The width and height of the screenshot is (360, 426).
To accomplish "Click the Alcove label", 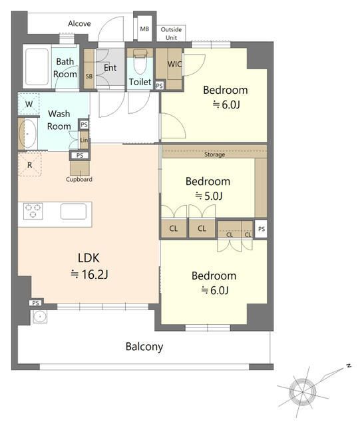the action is pyautogui.click(x=79, y=24).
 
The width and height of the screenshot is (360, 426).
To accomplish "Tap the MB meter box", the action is pyautogui.click(x=144, y=29).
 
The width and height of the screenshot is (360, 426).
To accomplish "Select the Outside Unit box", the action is pyautogui.click(x=171, y=33).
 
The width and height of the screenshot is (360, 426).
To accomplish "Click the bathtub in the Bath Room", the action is pyautogui.click(x=37, y=67).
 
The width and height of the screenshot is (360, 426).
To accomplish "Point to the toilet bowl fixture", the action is pyautogui.click(x=140, y=62).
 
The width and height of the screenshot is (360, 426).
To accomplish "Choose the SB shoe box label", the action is pyautogui.click(x=89, y=77).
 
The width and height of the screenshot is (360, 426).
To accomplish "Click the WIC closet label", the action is pyautogui.click(x=174, y=64).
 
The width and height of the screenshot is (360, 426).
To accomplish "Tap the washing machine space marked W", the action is pyautogui.click(x=29, y=104).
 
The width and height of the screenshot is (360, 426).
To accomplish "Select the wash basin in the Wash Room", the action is pyautogui.click(x=28, y=134).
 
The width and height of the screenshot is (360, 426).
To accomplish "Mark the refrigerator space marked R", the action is pyautogui.click(x=30, y=164).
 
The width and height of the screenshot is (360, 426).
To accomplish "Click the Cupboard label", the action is pyautogui.click(x=79, y=179).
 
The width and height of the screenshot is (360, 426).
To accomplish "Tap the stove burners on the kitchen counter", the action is pyautogui.click(x=33, y=211).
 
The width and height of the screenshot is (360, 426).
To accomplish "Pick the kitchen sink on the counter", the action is pyautogui.click(x=73, y=212).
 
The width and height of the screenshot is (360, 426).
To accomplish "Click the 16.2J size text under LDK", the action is pyautogui.click(x=89, y=274).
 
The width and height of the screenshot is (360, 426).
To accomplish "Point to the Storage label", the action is pyautogui.click(x=215, y=154).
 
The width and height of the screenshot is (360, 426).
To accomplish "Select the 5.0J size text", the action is pyautogui.click(x=209, y=196).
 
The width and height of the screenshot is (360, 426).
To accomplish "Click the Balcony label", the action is pyautogui.click(x=144, y=347).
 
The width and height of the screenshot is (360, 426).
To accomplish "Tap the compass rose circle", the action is pyautogui.click(x=302, y=392).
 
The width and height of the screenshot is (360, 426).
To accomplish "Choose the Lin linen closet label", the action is pyautogui.click(x=84, y=140).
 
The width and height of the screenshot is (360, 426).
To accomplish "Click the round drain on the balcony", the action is pyautogui.click(x=40, y=317).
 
